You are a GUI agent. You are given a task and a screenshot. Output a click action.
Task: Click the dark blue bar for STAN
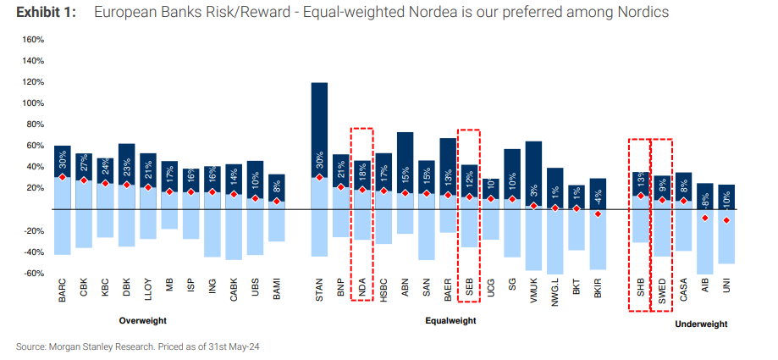pyautogui.click(x=320, y=127)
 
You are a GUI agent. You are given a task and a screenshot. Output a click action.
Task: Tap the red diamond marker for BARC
pyautogui.click(x=62, y=177)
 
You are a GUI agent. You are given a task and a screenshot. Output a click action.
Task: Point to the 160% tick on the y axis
pyautogui.click(x=32, y=40)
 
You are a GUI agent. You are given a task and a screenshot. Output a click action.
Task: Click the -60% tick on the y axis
pyautogui.click(x=32, y=273)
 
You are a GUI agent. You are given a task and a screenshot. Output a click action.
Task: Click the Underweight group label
pyautogui.click(x=701, y=324)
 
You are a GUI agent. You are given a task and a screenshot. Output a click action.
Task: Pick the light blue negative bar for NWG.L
pyautogui.click(x=555, y=241)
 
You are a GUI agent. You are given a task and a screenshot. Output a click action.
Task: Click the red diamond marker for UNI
pyautogui.click(x=726, y=220)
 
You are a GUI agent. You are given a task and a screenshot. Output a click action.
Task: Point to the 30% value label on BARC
pyautogui.click(x=62, y=160)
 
